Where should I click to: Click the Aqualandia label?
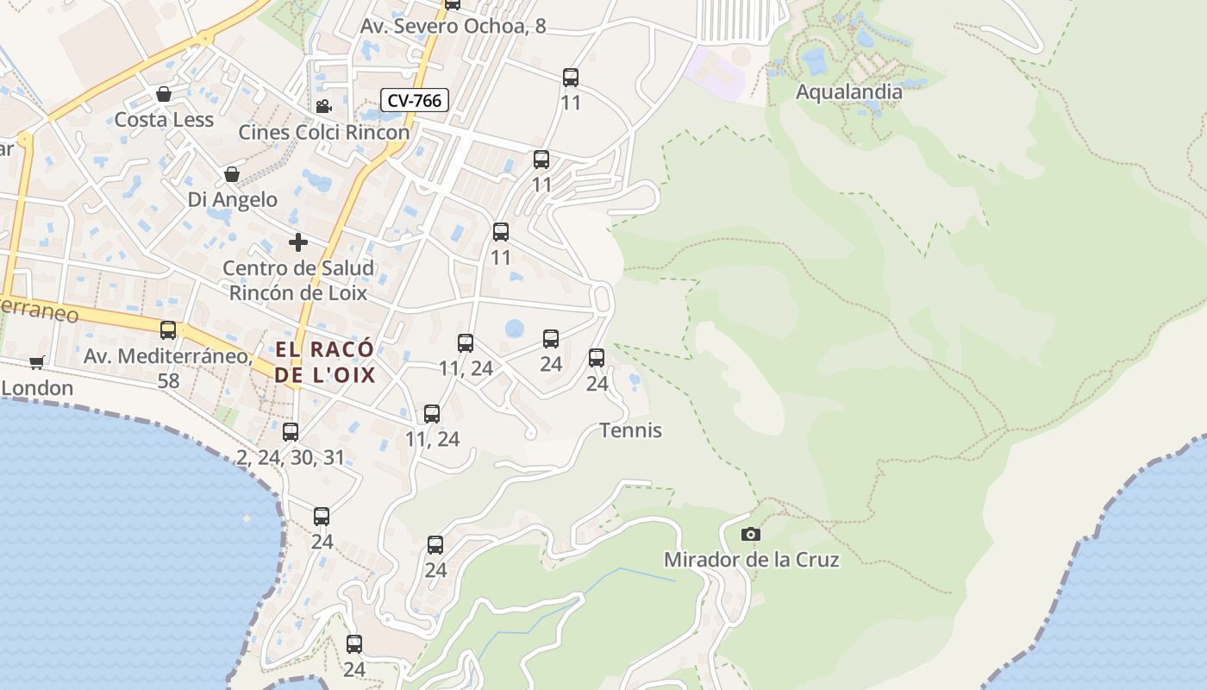[x=849, y=91]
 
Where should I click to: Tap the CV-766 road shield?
[x=415, y=100]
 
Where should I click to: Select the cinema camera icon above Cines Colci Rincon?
[x=323, y=106]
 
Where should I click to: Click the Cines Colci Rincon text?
[x=323, y=132]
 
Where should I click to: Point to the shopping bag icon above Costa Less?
[x=164, y=93]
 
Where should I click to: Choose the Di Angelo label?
[x=233, y=199]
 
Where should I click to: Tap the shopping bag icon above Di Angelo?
[x=232, y=174]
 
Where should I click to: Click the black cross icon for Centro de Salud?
[x=298, y=242]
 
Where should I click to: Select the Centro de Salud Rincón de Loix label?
[x=298, y=280]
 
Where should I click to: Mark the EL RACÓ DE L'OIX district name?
[x=325, y=362]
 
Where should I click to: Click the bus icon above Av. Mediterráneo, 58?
[x=168, y=329]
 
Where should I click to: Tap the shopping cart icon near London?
[x=36, y=362]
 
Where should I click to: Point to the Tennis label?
[x=631, y=430]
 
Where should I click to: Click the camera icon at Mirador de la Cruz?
[x=751, y=534]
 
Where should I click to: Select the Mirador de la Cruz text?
[x=751, y=560]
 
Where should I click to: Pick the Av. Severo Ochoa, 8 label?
[x=453, y=26]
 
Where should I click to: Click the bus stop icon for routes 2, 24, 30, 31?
[x=291, y=431]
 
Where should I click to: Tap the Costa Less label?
[x=164, y=119]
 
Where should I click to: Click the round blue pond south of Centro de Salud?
[x=515, y=329]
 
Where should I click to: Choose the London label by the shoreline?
[x=37, y=388]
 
